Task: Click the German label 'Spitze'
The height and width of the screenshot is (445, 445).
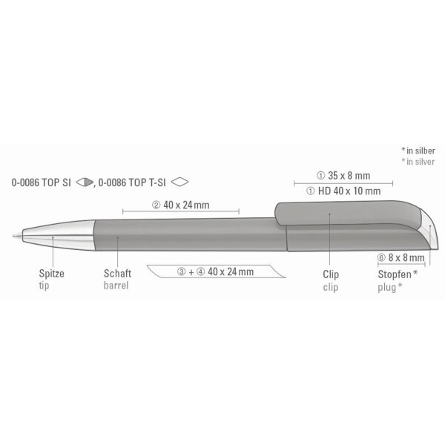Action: pyautogui.click(x=52, y=274)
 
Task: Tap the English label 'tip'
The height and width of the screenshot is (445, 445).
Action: pyautogui.click(x=44, y=286)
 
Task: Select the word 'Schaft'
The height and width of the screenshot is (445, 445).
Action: pyautogui.click(x=117, y=274)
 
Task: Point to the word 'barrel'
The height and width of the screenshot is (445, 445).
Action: pyautogui.click(x=116, y=286)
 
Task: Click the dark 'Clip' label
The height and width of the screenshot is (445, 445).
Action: pyautogui.click(x=331, y=274)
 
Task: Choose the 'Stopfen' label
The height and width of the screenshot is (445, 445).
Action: pyautogui.click(x=395, y=274)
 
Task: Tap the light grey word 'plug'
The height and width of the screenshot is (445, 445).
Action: pyautogui.click(x=386, y=288)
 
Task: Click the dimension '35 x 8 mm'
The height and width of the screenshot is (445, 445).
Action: pyautogui.click(x=349, y=176)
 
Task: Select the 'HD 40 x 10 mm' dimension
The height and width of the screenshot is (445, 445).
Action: pyautogui.click(x=349, y=191)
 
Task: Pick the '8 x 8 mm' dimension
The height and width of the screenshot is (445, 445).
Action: pyautogui.click(x=406, y=257)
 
